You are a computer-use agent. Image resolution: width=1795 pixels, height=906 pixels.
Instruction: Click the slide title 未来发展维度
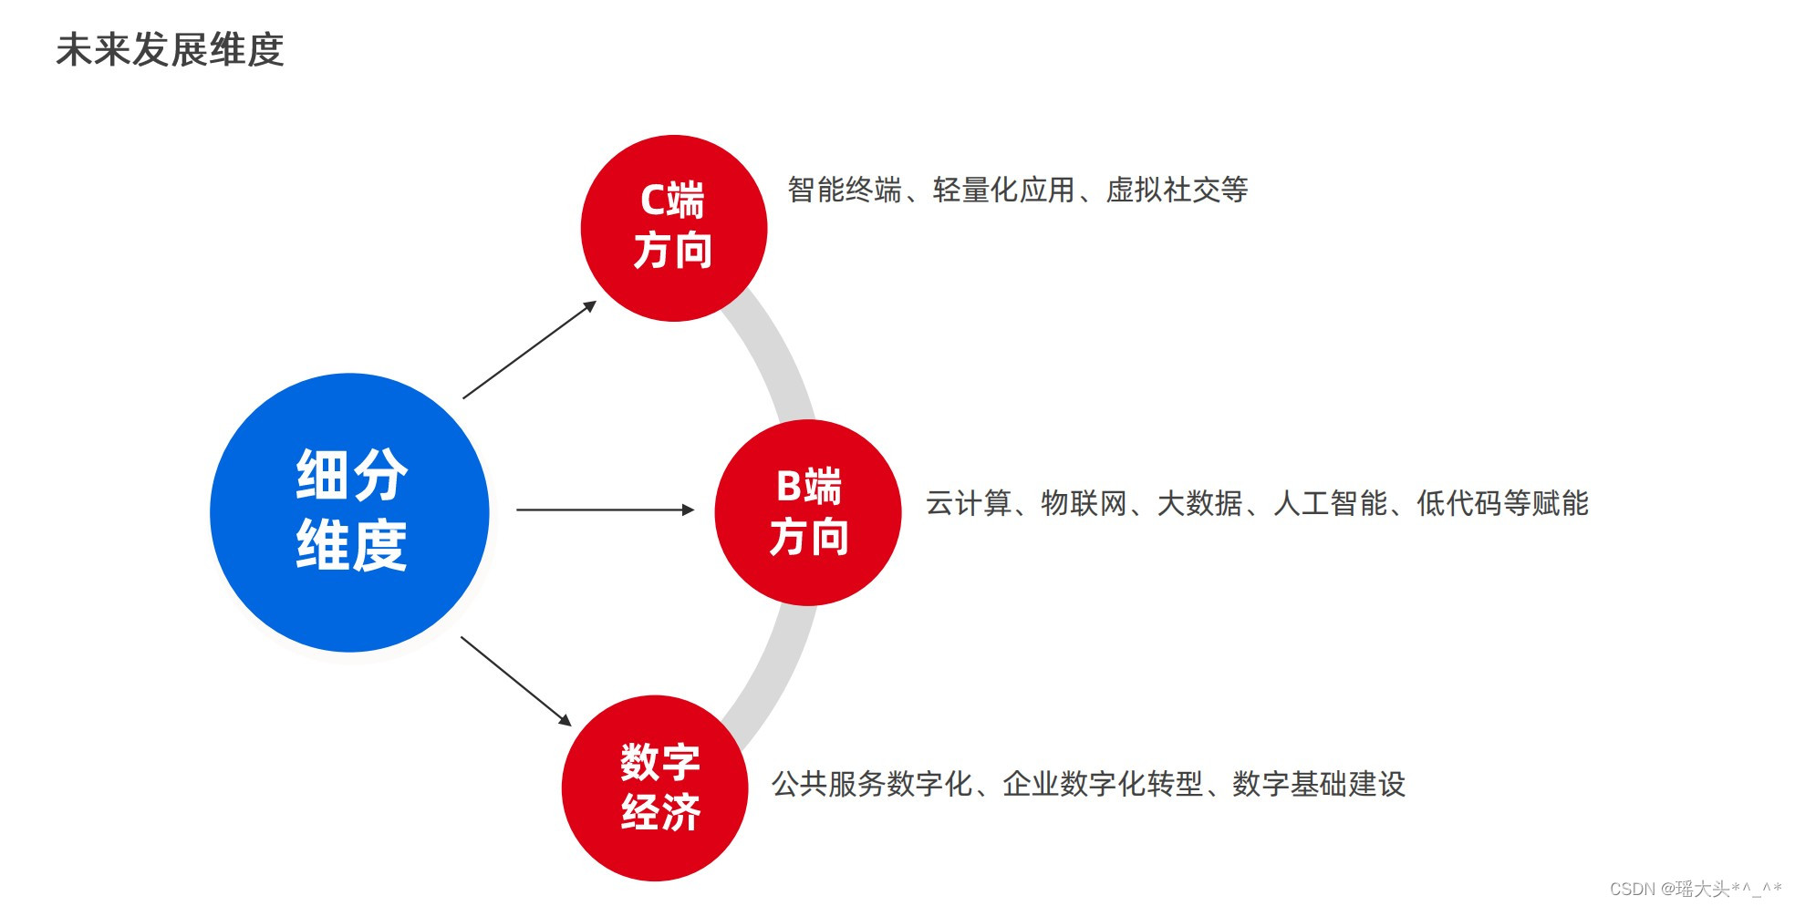(x=170, y=50)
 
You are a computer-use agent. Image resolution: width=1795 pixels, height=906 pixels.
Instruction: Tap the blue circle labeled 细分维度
(x=350, y=512)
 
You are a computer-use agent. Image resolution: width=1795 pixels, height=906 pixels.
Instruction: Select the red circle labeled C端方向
(x=674, y=228)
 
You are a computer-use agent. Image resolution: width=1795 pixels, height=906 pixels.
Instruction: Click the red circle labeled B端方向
(x=808, y=512)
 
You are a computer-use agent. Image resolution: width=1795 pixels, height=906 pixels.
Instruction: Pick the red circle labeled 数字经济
(x=655, y=788)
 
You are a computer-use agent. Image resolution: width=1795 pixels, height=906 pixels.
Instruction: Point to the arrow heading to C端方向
(x=529, y=350)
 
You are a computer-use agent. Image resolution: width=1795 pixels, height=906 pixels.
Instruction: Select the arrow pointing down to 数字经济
(x=515, y=680)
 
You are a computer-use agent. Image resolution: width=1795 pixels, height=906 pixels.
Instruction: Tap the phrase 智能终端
(x=845, y=190)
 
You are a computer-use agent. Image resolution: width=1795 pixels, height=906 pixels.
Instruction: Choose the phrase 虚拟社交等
(x=1177, y=190)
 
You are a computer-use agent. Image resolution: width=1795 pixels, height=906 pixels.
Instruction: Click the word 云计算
(x=969, y=503)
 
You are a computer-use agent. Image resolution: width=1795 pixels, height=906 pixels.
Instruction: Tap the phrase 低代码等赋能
(x=1502, y=503)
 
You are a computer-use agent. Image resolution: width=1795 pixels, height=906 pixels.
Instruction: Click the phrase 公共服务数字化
(x=872, y=784)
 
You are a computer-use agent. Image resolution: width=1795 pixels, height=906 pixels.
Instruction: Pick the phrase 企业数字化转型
(x=1103, y=784)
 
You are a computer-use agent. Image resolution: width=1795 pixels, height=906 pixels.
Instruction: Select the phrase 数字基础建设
(x=1319, y=784)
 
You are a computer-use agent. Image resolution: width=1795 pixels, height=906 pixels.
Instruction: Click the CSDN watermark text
(x=1695, y=888)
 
